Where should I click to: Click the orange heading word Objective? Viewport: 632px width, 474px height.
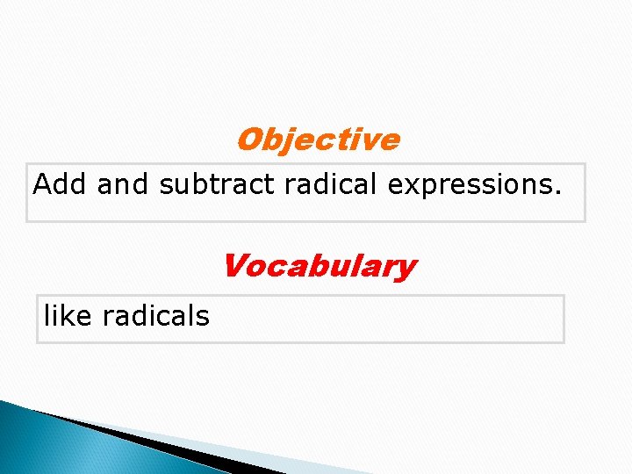(318, 140)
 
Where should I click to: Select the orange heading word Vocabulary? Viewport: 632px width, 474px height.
(319, 265)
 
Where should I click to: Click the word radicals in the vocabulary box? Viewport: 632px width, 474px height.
(155, 315)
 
